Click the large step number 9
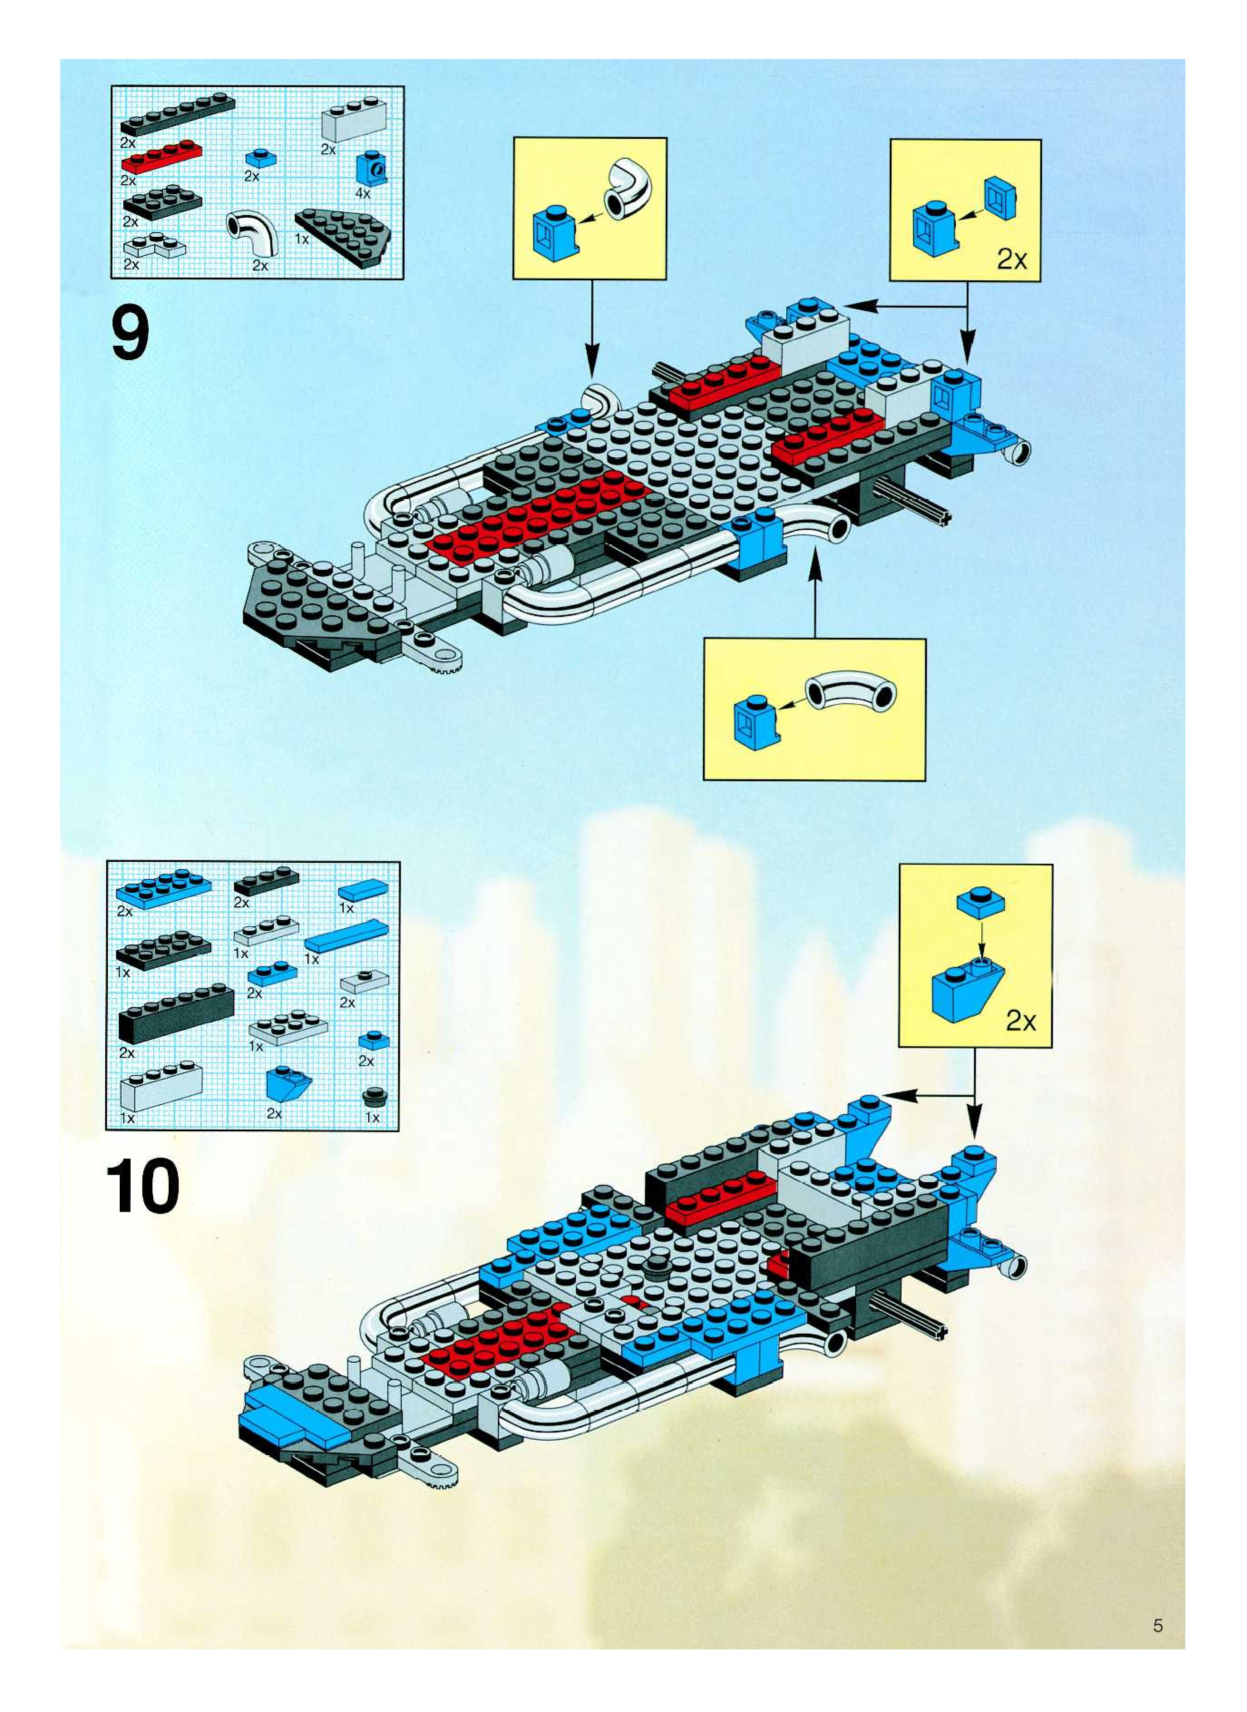131,336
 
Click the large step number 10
143,1188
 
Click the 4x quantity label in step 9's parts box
363,193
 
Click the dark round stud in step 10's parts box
372,1096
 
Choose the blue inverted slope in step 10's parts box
287,1085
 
